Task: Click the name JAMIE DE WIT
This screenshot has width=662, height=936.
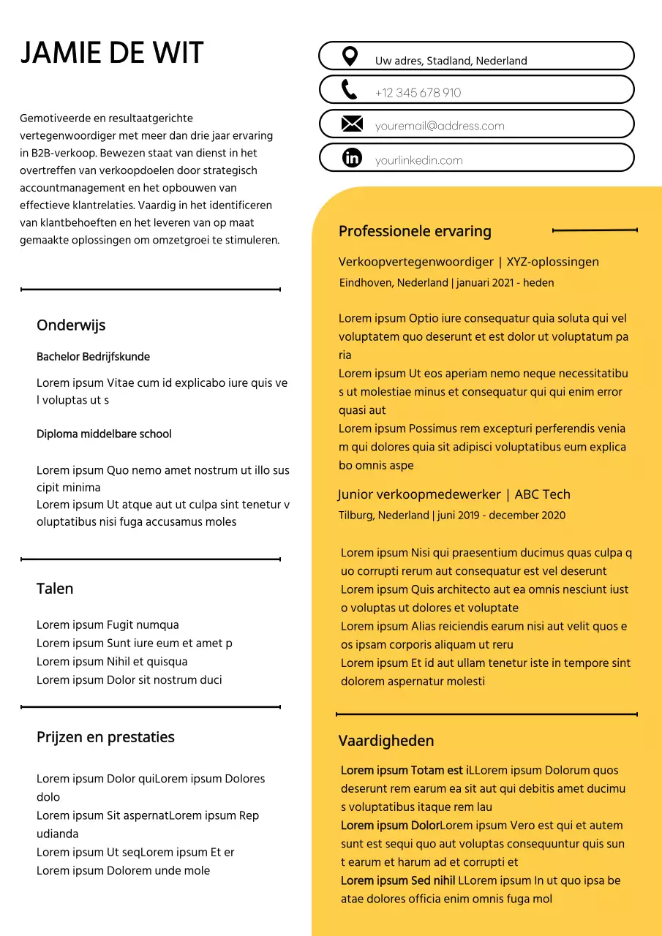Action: [x=112, y=53]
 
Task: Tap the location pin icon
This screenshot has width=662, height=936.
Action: [x=350, y=56]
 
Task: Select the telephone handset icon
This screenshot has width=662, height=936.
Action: [x=350, y=90]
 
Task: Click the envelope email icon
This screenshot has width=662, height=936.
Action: [x=352, y=124]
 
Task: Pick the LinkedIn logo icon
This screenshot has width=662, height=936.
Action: [x=352, y=157]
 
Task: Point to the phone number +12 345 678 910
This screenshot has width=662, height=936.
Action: [x=418, y=93]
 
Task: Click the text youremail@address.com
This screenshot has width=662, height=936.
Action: [x=440, y=126]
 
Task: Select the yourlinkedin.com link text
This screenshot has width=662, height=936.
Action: [x=418, y=160]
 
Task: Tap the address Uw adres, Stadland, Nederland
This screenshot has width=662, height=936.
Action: [x=451, y=61]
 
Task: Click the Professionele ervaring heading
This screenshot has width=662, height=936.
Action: [x=415, y=231]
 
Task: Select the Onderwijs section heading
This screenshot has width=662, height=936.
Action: [x=71, y=325]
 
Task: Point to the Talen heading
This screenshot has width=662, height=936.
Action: [x=55, y=589]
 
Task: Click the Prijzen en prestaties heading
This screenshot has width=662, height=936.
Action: [x=105, y=737]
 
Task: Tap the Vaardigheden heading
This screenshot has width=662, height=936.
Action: [x=386, y=741]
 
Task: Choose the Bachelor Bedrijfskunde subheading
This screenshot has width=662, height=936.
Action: [x=93, y=357]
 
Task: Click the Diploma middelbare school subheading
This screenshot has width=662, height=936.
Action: [x=104, y=434]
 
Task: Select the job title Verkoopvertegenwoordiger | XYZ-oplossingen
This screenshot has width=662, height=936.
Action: [x=469, y=262]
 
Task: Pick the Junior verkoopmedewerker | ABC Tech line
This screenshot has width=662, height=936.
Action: [x=454, y=494]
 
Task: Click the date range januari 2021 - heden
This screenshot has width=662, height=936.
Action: [x=505, y=283]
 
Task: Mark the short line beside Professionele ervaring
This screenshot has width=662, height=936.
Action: [x=595, y=230]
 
